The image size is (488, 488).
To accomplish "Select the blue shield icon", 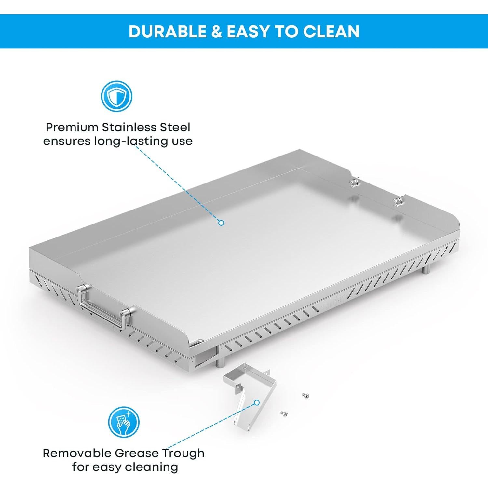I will tap(116, 97).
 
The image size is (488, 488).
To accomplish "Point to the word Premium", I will tap(72, 127).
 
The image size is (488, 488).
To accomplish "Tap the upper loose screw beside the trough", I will tap(305, 396).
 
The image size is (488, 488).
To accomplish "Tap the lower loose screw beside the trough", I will tap(283, 413).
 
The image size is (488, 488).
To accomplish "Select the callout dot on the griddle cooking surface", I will tap(221, 223).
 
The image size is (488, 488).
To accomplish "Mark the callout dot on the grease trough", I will tap(257, 403).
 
